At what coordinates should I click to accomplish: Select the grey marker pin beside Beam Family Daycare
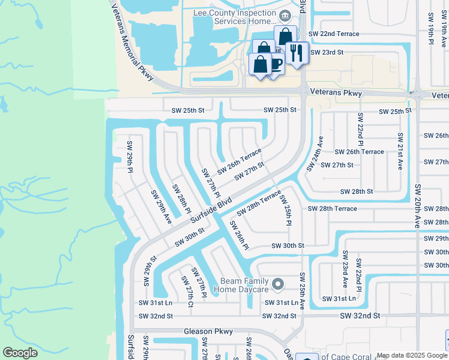277,283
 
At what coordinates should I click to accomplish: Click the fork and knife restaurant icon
297,52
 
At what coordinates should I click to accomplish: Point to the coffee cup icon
277,64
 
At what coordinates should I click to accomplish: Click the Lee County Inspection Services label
234,16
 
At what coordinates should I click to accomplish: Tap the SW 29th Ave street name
161,207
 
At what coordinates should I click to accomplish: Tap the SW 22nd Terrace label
334,34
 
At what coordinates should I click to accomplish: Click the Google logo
20,352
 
